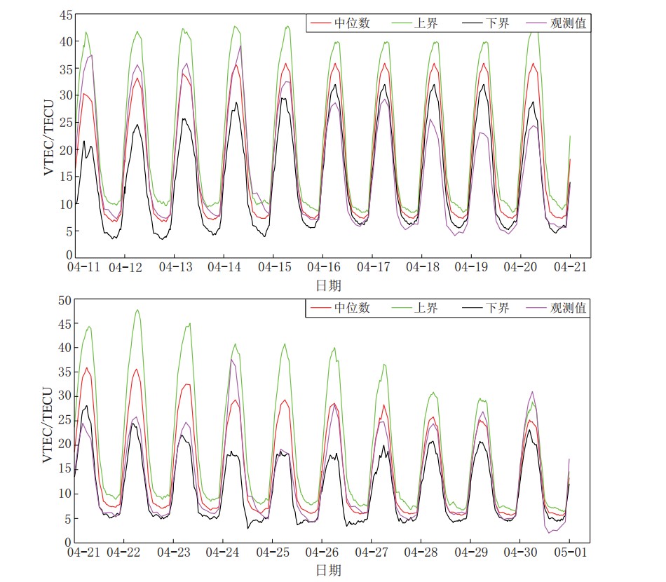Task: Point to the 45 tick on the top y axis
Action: pyautogui.click(x=64, y=15)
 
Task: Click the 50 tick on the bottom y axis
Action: pyautogui.click(x=64, y=300)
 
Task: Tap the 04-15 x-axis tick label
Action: pyautogui.click(x=275, y=268)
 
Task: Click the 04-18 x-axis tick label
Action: pyautogui.click(x=422, y=268)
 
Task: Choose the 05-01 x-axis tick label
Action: pyautogui.click(x=569, y=553)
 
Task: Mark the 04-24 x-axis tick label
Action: pyautogui.click(x=225, y=553)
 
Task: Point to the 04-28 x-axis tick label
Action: pyautogui.click(x=422, y=553)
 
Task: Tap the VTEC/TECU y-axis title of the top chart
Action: pyautogui.click(x=49, y=136)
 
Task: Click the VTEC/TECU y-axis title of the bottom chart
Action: pyautogui.click(x=49, y=421)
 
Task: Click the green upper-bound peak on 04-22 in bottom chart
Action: pyautogui.click(x=137, y=310)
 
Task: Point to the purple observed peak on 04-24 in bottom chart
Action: pyautogui.click(x=232, y=360)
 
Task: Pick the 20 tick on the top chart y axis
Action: pyautogui.click(x=64, y=149)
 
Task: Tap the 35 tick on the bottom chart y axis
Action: pyautogui.click(x=64, y=372)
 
